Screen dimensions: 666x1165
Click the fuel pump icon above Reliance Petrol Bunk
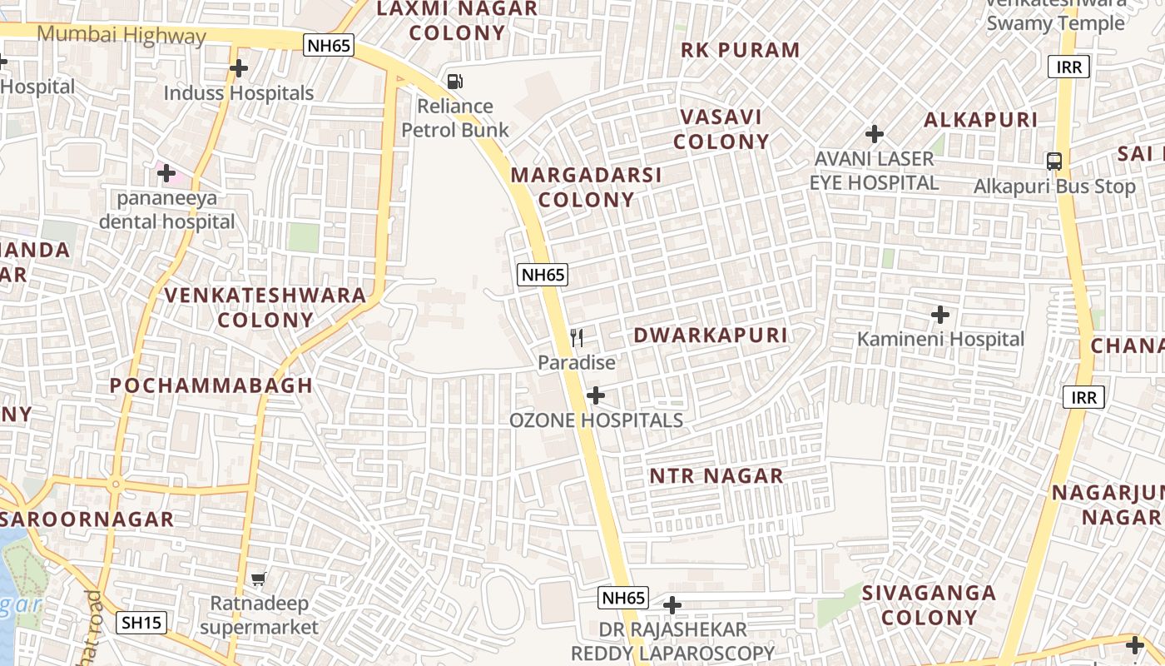(455, 81)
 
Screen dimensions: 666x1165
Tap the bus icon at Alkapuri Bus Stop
(1054, 162)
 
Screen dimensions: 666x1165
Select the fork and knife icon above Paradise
(577, 337)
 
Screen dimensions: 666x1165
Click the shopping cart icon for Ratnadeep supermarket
(259, 579)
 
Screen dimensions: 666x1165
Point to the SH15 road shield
(141, 622)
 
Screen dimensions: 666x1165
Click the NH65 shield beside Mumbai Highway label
(329, 45)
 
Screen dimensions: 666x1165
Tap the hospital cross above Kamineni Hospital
(940, 315)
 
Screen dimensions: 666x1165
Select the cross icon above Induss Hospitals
(239, 67)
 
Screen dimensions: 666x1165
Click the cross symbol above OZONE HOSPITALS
(596, 395)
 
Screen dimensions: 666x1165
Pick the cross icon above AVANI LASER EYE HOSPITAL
(874, 133)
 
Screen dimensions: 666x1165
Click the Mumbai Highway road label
(121, 36)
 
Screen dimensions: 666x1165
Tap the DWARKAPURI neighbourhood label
(710, 335)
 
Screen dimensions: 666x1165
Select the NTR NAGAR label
(716, 476)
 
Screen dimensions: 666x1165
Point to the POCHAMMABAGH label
(211, 385)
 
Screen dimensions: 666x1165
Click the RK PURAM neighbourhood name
(740, 50)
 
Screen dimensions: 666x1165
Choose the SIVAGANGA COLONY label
(929, 605)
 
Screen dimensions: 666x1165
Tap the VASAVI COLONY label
(721, 129)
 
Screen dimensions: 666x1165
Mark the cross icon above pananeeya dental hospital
(166, 173)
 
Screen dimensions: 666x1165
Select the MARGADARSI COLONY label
(586, 187)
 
